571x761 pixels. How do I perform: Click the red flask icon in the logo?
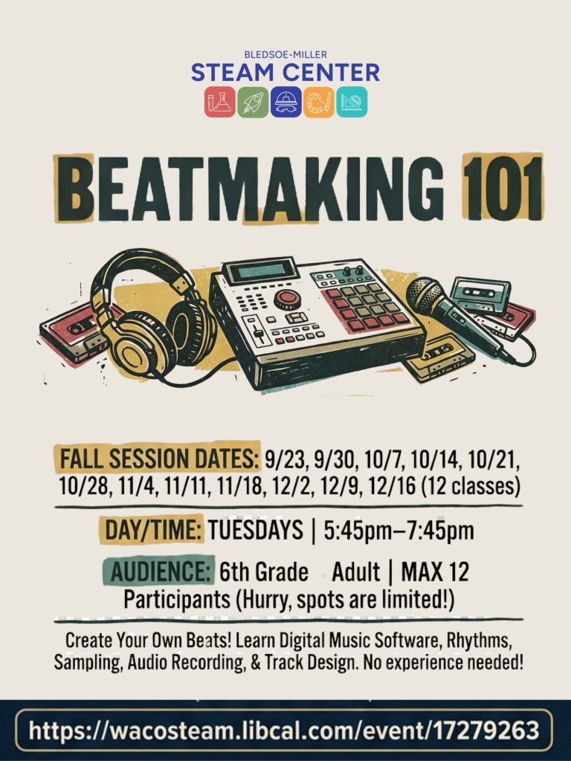(219, 102)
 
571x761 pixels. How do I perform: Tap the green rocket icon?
(253, 102)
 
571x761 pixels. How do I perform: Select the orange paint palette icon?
(319, 102)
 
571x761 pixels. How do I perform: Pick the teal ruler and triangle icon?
(352, 102)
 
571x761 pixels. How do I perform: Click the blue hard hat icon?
(286, 102)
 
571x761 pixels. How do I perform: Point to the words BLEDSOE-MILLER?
(285, 55)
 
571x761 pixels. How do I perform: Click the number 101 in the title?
(503, 188)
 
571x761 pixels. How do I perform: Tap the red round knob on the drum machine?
(287, 299)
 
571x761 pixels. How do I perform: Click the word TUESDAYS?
(256, 529)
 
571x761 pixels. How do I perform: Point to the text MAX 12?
(435, 571)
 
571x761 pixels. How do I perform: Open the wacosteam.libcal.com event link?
(284, 730)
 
